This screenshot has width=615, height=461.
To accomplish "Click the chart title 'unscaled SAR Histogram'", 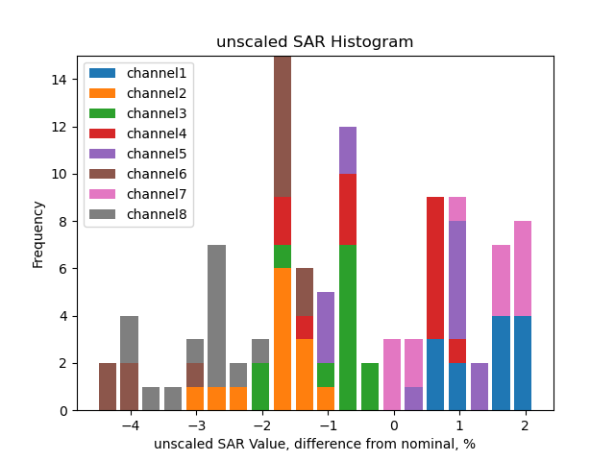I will pyautogui.click(x=314, y=42).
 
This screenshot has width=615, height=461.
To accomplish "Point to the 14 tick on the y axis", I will pyautogui.click(x=61, y=80).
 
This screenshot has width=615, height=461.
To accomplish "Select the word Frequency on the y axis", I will pyautogui.click(x=38, y=233).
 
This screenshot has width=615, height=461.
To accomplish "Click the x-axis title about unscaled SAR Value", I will pyautogui.click(x=314, y=444).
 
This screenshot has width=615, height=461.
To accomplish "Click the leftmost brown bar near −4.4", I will pyautogui.click(x=108, y=387).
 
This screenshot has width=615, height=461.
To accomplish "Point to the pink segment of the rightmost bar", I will pyautogui.click(x=523, y=268).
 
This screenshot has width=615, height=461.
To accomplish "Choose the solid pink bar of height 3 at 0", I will pyautogui.click(x=392, y=375).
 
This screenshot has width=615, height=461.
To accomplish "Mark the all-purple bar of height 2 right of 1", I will pyautogui.click(x=480, y=387).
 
